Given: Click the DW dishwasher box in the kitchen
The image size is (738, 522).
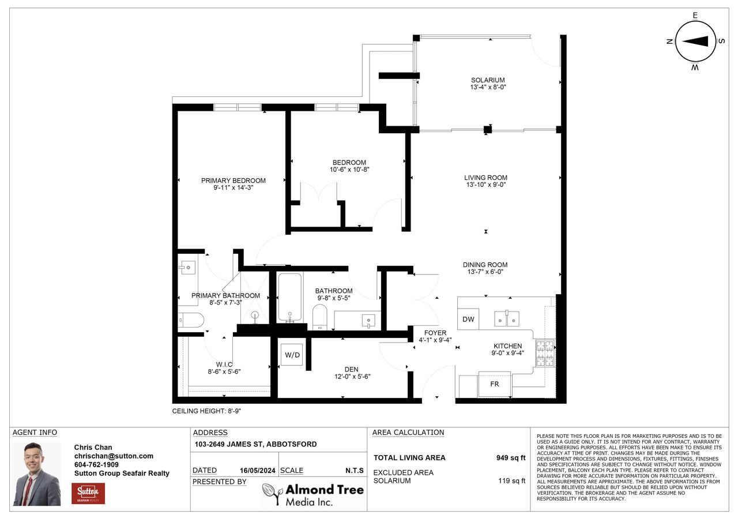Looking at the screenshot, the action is click(468, 319).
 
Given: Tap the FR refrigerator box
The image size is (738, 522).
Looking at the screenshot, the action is click(494, 384).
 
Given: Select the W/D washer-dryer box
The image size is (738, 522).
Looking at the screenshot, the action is click(292, 355).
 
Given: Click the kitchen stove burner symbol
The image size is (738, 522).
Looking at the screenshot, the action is click(545, 354).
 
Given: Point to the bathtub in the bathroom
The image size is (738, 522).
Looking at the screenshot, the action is click(289, 297).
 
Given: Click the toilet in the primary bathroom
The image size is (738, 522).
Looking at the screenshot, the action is click(191, 320).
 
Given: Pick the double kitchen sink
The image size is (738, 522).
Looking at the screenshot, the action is click(506, 318).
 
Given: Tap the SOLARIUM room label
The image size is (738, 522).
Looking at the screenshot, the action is click(488, 80).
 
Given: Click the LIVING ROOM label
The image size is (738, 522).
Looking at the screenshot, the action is click(485, 178).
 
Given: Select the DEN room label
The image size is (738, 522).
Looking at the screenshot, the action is click(351, 369).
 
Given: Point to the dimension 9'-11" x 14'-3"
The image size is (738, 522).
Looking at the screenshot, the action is click(234, 188).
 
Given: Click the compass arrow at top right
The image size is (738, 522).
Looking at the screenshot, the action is click(695, 41).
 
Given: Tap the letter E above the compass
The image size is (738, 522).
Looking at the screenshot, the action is click(695, 15).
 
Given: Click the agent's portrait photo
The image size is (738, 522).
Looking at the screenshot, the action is click(36, 474).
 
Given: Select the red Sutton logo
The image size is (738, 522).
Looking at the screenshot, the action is click(88, 493).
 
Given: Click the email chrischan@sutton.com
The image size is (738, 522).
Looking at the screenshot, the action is click(114, 456).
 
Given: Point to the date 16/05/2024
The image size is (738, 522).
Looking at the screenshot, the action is click(257, 471).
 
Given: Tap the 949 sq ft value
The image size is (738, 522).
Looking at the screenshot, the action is click(511, 458).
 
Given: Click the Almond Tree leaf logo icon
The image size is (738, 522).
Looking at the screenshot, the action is click(273, 494).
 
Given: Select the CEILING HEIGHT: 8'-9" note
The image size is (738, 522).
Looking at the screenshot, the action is click(206, 411).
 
